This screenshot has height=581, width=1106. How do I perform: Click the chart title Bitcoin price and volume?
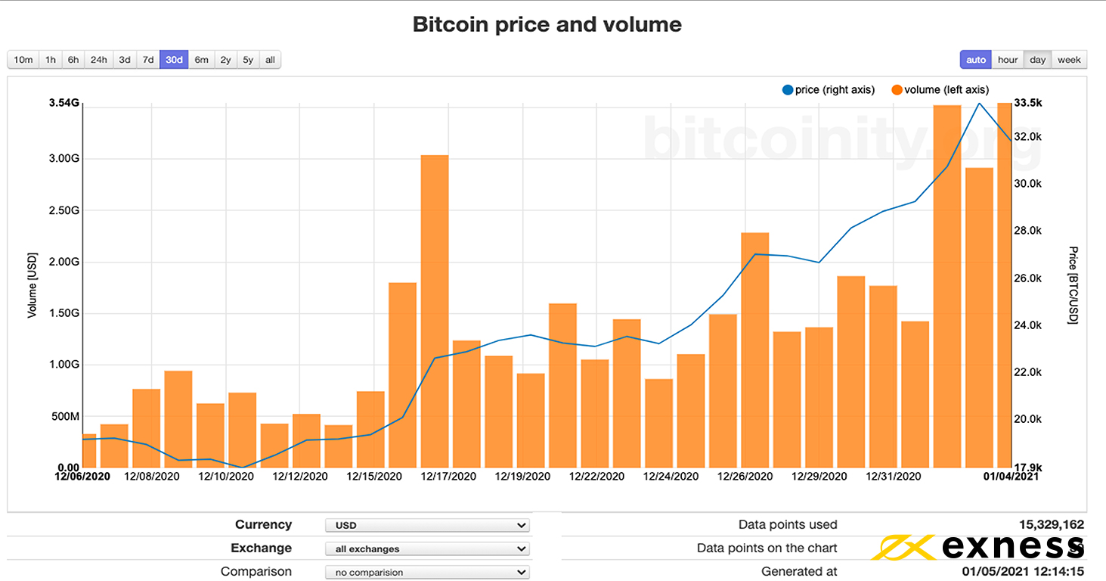(547, 24)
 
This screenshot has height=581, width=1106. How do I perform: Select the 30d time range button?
(174, 60)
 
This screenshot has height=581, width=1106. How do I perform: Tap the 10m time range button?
(23, 60)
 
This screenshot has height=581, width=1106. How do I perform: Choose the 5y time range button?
(248, 60)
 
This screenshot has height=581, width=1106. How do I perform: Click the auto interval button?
(976, 60)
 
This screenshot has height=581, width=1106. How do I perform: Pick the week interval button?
(1069, 60)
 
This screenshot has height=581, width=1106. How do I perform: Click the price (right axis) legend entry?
(829, 90)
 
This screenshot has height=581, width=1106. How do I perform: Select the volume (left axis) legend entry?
(940, 90)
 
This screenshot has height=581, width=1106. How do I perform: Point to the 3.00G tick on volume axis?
(64, 159)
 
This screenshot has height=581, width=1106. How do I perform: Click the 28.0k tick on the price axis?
(1027, 231)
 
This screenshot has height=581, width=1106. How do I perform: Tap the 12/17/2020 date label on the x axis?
(448, 477)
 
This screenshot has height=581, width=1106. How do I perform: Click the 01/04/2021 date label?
(1010, 477)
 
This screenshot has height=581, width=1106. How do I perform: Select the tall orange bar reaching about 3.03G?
(435, 310)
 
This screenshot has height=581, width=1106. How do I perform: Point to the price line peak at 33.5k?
(980, 104)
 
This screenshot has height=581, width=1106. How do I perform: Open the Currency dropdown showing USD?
(427, 525)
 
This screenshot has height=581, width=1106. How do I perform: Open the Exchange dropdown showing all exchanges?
(427, 548)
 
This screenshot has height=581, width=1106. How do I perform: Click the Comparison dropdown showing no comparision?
(427, 572)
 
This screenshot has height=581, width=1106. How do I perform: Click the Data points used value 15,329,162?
(1051, 524)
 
